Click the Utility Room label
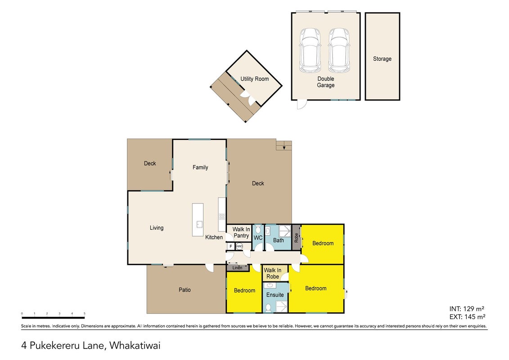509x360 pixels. [255, 79]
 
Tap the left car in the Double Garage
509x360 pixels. [310, 50]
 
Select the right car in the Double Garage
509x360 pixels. [339, 50]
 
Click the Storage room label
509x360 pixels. [382, 59]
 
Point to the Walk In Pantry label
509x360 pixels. [241, 233]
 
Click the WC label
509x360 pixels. [258, 238]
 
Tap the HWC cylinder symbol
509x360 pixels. [239, 247]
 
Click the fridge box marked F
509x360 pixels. [231, 247]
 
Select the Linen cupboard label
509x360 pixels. [237, 268]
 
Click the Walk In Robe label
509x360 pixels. [273, 273]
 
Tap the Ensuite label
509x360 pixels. [275, 295]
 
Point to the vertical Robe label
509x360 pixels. [296, 238]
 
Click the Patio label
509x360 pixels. [185, 290]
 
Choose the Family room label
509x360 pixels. [200, 167]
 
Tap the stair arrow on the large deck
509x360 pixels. [284, 148]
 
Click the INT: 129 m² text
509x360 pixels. [467, 309]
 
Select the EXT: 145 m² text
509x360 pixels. [468, 317]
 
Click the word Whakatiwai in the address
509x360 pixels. [135, 346]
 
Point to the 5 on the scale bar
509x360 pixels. [85, 314]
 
